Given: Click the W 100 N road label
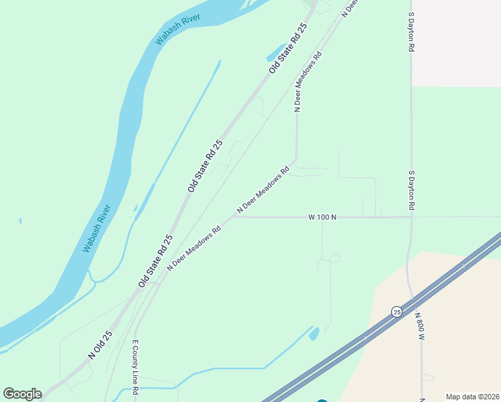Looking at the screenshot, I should click(321, 217).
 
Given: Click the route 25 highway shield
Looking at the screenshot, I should click(397, 312).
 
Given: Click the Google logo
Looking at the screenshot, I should click(22, 394).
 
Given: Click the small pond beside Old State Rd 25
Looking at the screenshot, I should click(275, 52).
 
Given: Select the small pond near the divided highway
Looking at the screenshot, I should click(314, 332).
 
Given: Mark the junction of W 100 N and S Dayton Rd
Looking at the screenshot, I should click(411, 216).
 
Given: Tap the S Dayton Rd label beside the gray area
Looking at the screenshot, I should click(412, 32).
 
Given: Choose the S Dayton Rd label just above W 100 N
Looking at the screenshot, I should click(412, 189).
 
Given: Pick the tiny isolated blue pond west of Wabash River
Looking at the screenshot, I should click(20, 220).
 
